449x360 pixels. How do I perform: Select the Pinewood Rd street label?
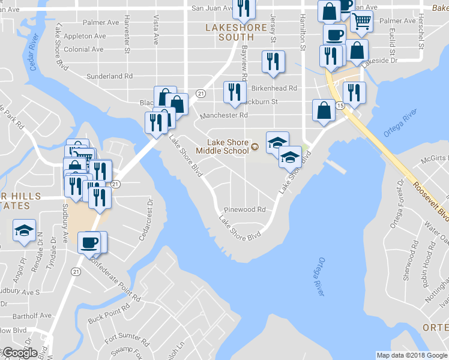pos(244,210)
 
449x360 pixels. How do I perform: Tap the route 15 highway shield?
pos(340,106)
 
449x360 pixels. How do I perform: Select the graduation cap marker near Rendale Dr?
pos(25,231)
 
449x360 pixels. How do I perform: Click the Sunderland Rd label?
pos(109,76)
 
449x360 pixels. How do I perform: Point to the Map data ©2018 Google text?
pos(411,355)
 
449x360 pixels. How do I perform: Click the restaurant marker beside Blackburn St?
pos(234,92)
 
